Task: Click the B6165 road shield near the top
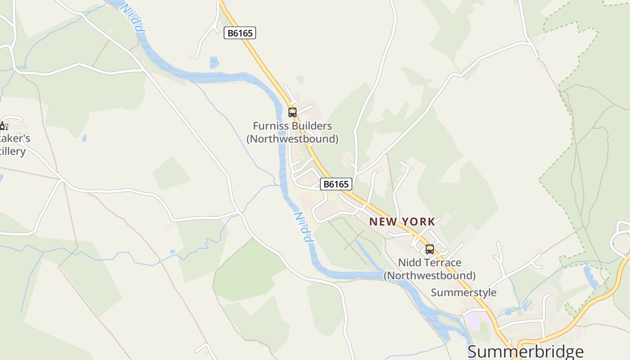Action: tap(240, 33)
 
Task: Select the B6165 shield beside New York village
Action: tap(336, 184)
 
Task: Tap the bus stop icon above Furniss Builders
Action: tap(292, 112)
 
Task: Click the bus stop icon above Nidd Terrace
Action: tap(430, 249)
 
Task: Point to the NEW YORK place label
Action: tap(402, 221)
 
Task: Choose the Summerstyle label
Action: tap(463, 292)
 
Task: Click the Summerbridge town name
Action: tap(525, 351)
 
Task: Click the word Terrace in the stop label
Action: tap(444, 262)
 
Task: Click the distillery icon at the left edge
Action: tap(4, 126)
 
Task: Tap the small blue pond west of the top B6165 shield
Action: tap(214, 62)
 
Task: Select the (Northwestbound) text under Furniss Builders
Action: tap(292, 139)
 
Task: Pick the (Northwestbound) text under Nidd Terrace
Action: tap(430, 275)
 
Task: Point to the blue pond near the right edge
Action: tap(590, 276)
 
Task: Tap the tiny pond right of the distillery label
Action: tap(84, 139)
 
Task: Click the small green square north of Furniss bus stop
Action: tap(300, 80)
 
